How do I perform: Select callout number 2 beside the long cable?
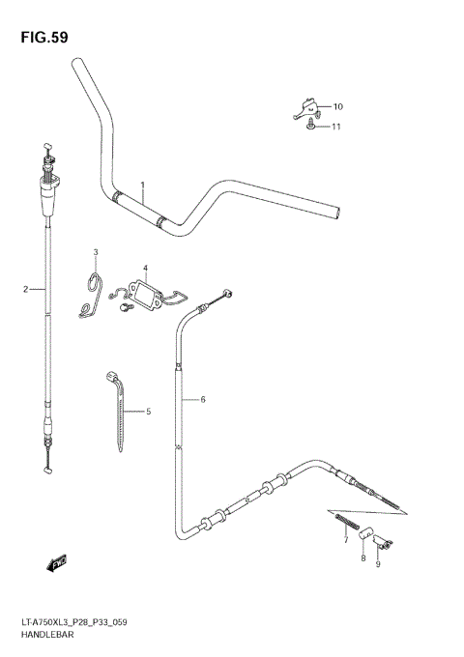tap(26, 288)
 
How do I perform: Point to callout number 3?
tap(96, 253)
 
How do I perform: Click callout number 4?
tap(145, 269)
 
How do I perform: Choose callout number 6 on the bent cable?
tap(203, 398)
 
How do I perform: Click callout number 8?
tap(362, 558)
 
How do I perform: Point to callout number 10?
tap(338, 106)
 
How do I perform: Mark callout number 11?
tap(336, 127)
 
